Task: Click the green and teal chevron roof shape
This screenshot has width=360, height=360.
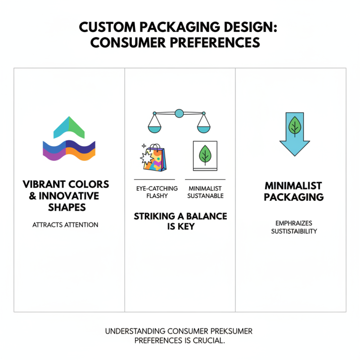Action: click(x=69, y=127)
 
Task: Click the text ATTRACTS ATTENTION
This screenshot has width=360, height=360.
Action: click(x=65, y=225)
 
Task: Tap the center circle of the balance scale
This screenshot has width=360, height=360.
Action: click(x=179, y=113)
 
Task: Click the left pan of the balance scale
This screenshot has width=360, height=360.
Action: click(x=154, y=129)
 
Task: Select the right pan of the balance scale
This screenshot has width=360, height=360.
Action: click(x=204, y=129)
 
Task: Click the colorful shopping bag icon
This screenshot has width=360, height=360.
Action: click(x=152, y=157)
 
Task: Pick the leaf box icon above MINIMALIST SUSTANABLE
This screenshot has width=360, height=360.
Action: click(x=205, y=156)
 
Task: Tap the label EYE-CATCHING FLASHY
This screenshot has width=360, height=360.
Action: click(x=157, y=192)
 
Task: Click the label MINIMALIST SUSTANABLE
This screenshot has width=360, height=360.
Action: click(x=206, y=192)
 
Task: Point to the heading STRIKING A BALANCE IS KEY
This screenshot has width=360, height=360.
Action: click(x=180, y=221)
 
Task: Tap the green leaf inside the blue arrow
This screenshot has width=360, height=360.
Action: click(x=294, y=126)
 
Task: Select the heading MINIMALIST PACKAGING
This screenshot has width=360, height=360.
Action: click(x=293, y=191)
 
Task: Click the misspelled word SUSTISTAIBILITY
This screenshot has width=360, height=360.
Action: click(x=294, y=231)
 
